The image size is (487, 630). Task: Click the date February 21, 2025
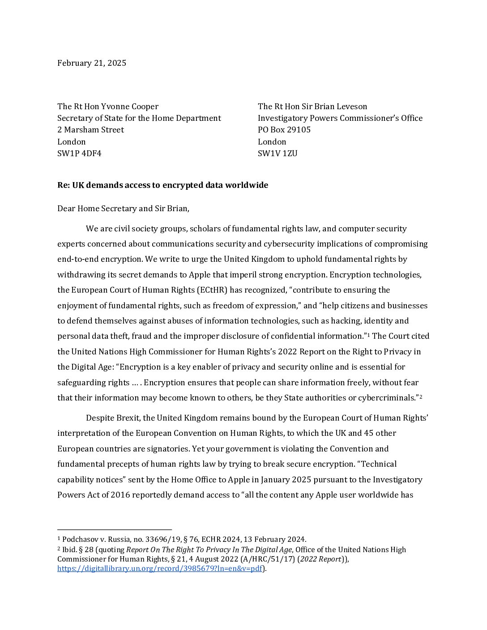[x=92, y=63]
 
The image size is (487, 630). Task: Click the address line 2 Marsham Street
[x=90, y=130]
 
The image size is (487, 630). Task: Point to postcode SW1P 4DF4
[x=79, y=153]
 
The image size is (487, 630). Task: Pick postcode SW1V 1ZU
[x=278, y=153]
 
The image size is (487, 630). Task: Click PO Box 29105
[x=284, y=130]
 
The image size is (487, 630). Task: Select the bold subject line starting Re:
[x=162, y=185]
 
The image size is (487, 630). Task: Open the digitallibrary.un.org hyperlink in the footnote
[x=159, y=569]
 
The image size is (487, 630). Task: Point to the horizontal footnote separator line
[x=115, y=530]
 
